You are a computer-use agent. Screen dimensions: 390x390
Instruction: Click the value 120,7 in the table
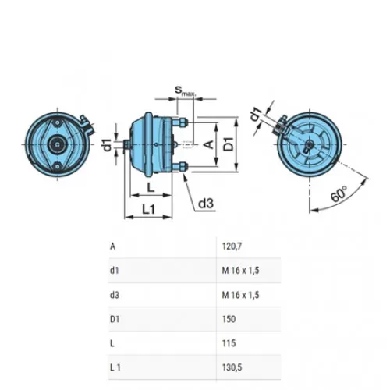click(232, 246)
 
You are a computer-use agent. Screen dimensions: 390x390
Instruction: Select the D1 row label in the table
click(115, 319)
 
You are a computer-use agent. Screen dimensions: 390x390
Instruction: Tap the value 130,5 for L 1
click(232, 367)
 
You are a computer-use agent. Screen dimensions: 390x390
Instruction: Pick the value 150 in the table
click(229, 319)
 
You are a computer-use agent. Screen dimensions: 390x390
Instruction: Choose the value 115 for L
click(229, 343)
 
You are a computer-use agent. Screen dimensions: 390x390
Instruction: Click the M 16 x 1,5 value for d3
click(240, 295)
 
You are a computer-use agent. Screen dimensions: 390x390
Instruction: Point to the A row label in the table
click(112, 246)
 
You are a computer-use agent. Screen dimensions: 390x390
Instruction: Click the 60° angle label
click(339, 194)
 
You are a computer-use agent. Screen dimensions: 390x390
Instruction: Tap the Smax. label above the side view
click(185, 90)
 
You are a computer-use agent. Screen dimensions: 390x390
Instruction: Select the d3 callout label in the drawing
click(206, 204)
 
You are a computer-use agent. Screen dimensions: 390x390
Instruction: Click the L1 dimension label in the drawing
click(149, 209)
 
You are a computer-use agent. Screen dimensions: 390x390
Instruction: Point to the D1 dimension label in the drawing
click(229, 144)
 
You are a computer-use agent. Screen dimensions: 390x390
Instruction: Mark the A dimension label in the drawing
click(209, 144)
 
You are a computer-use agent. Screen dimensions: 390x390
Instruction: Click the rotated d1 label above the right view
click(256, 115)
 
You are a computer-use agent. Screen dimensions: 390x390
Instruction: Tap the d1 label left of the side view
click(108, 145)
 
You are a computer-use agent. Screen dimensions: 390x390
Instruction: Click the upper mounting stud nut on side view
click(183, 122)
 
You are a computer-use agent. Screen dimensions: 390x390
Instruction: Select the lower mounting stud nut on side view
click(183, 166)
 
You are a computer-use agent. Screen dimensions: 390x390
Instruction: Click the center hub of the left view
click(57, 144)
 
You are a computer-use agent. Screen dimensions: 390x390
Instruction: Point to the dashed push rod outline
click(188, 144)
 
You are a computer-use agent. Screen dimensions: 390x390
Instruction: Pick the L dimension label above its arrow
click(151, 187)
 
